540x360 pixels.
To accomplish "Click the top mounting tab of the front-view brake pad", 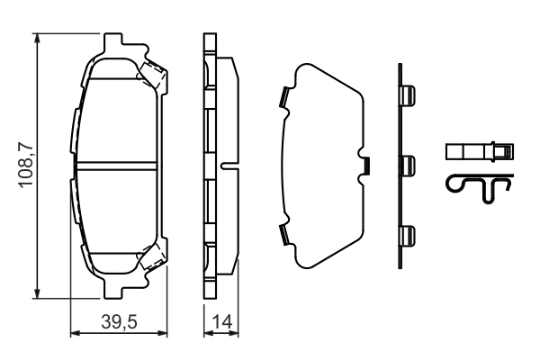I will (114, 43).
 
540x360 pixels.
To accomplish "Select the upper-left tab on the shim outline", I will (284, 94).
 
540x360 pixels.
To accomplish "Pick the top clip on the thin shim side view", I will (408, 94).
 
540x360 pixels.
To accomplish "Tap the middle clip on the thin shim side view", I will (408, 165).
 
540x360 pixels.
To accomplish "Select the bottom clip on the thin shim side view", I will (408, 235).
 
